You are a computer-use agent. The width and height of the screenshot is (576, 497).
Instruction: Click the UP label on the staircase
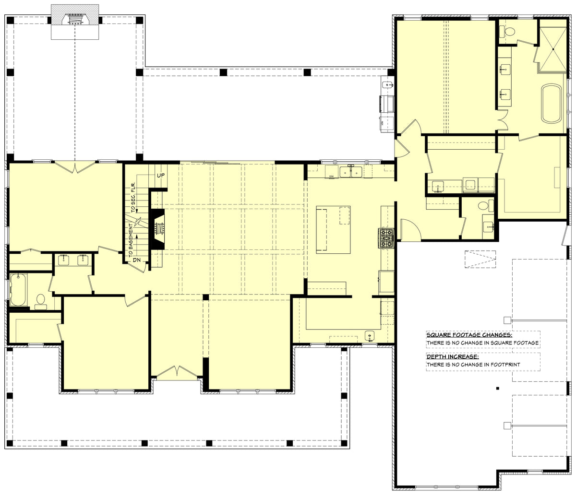161,176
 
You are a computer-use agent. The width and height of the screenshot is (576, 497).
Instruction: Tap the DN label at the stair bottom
137,260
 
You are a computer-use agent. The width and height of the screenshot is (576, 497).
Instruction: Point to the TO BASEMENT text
130,240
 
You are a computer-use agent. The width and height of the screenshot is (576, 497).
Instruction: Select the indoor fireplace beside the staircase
158,229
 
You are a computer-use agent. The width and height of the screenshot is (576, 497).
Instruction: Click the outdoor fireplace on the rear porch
75,20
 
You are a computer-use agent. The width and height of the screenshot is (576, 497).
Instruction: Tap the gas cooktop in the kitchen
386,238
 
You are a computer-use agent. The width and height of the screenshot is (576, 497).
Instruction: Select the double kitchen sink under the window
350,171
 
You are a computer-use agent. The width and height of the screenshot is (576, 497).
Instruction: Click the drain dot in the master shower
553,49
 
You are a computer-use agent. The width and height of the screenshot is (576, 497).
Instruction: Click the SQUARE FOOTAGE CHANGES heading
469,335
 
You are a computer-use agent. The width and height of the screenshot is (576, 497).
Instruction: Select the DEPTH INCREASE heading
452,356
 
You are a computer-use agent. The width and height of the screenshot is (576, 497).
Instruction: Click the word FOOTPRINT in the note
506,365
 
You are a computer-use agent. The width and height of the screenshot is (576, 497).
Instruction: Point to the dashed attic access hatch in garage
480,259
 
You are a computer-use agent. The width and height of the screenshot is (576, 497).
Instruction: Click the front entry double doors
178,372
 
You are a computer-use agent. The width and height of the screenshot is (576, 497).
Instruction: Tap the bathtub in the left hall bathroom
18,289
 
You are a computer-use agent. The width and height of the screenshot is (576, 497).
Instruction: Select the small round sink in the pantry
369,335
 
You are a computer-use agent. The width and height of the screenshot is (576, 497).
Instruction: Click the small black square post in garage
498,388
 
